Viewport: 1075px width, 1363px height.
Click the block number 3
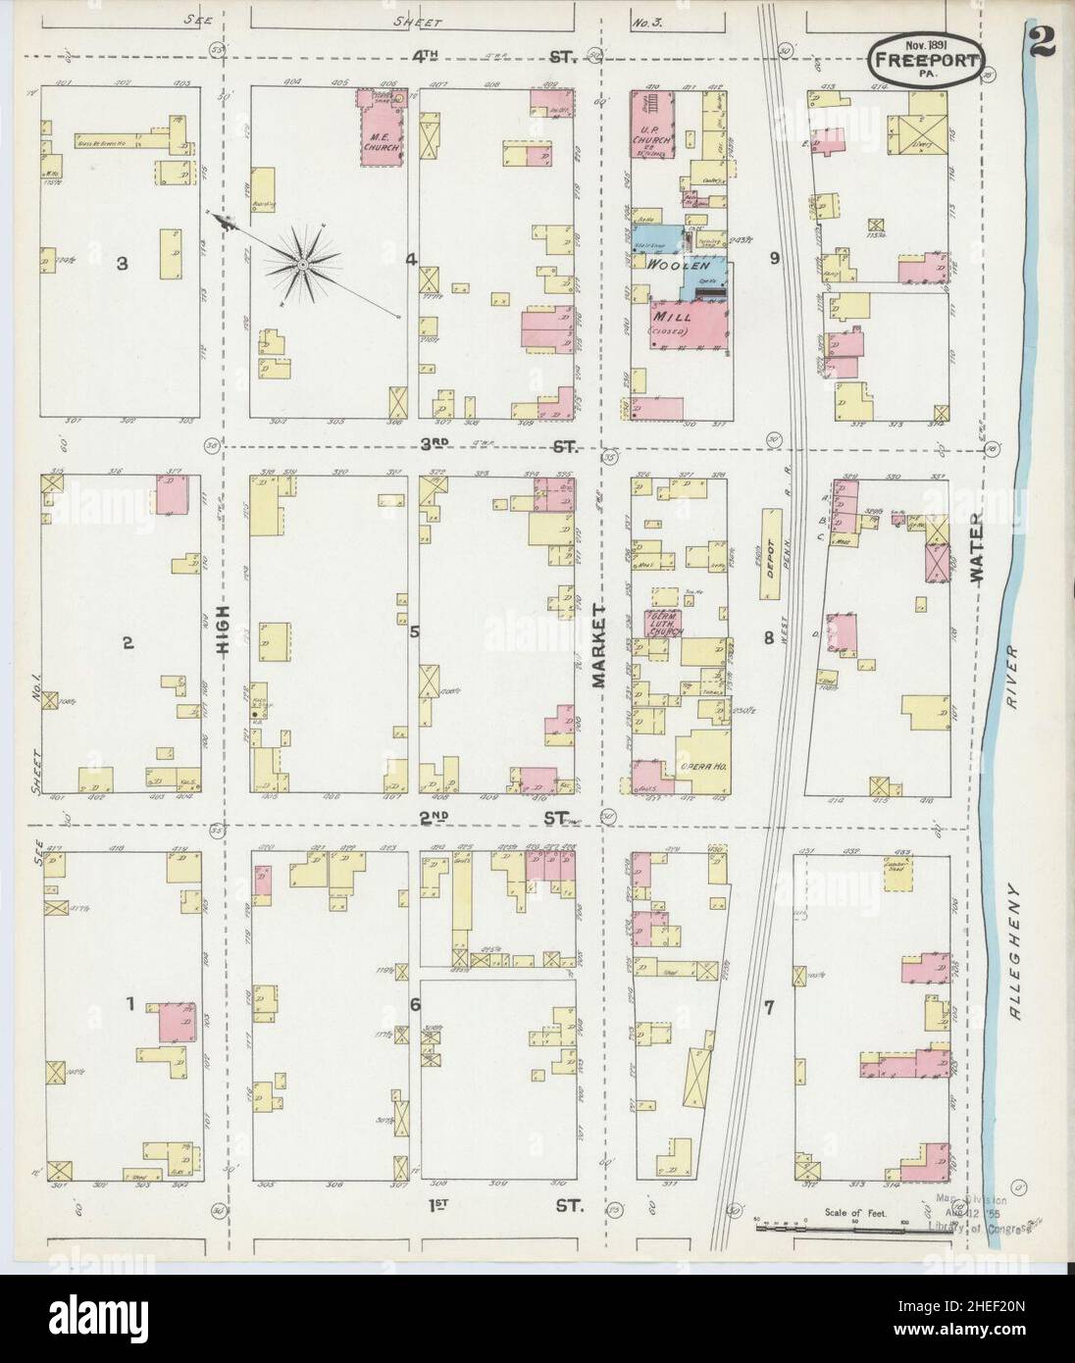point(121,263)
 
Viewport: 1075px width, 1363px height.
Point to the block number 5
point(414,631)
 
